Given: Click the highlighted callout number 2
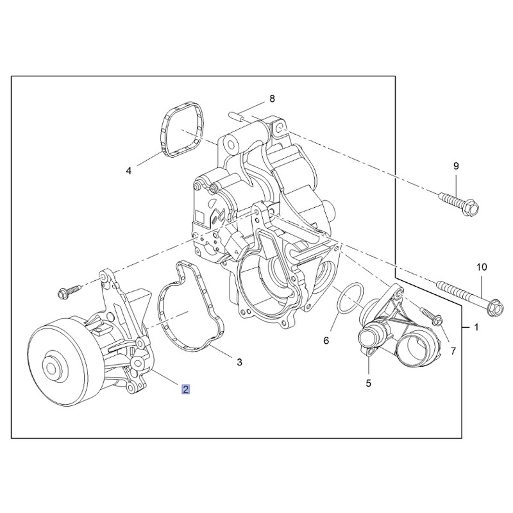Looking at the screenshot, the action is tap(186, 389).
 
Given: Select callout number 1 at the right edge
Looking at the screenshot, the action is tap(476, 327).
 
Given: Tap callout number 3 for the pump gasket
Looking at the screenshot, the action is tap(239, 362).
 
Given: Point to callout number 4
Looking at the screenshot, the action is tap(129, 171).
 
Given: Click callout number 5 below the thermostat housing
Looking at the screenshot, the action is tap(368, 383).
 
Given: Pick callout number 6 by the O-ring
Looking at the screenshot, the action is tap(326, 341).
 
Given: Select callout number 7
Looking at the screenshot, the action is tap(453, 351).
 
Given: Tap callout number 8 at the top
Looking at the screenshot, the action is tap(272, 99).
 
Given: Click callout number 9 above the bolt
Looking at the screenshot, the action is tap(456, 166).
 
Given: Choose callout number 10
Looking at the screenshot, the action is tap(482, 267).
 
